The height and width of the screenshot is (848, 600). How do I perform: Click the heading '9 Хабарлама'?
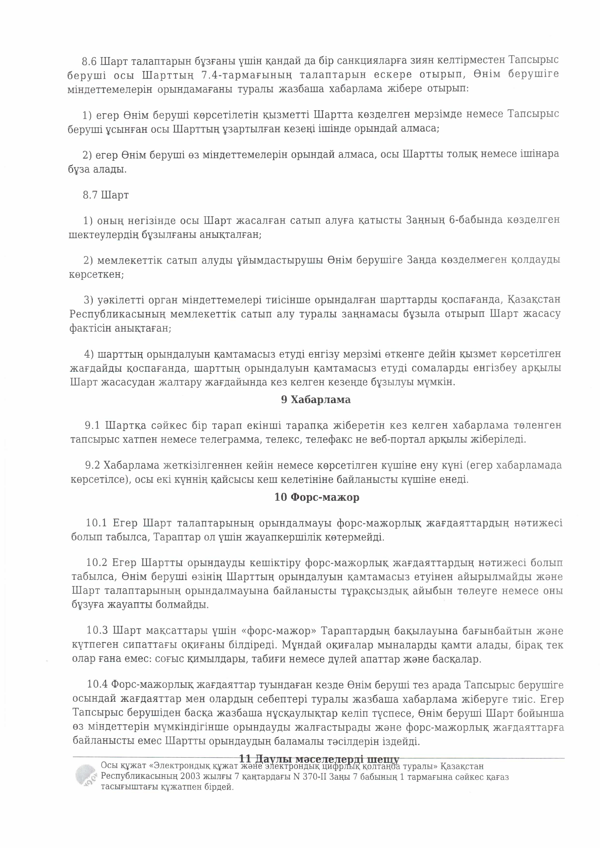tap(316, 400)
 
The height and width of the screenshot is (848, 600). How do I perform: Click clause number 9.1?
tap(92, 425)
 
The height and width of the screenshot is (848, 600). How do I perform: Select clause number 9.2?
tap(93, 465)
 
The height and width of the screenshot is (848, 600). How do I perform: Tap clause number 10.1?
tap(96, 523)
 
